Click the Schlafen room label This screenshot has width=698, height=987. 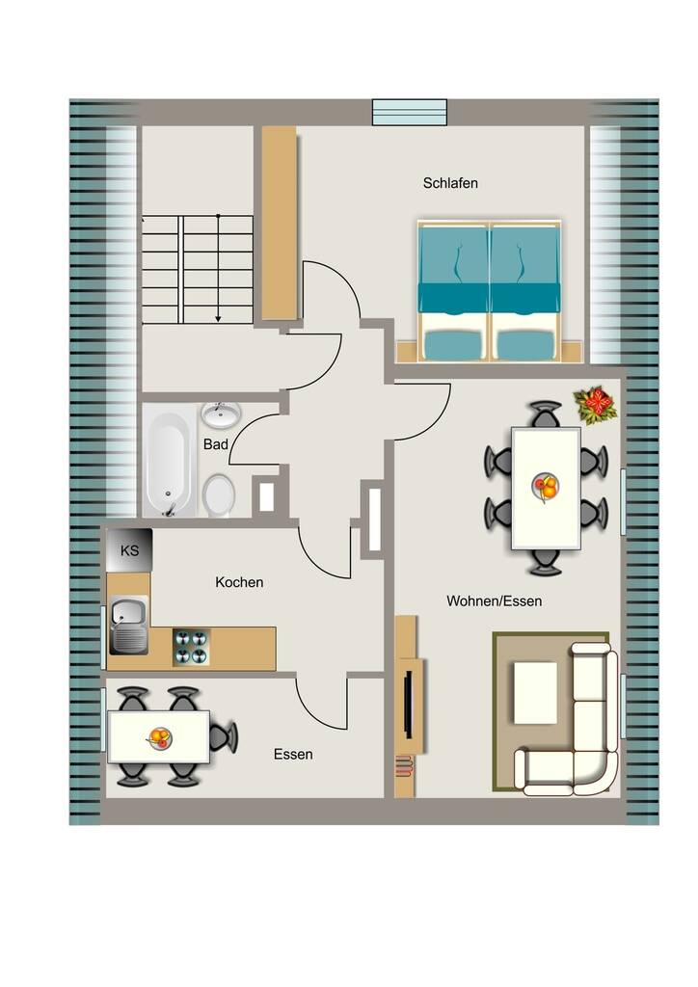coord(450,183)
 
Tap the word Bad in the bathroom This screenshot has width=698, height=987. coord(215,444)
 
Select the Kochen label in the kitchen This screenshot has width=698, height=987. coord(239,582)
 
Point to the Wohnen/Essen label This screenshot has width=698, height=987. coord(494,601)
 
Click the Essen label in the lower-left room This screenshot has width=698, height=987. coord(293,754)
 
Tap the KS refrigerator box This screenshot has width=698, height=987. coord(129,550)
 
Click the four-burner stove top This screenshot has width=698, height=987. coord(191,647)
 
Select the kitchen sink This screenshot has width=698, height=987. coord(129,625)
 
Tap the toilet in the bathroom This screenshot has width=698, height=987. coord(219,494)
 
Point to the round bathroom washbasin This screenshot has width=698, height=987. coord(220,414)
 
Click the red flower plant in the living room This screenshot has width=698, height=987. coord(595,405)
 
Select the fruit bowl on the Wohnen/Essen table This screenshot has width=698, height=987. coord(545,487)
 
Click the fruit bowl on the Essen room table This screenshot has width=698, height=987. coord(159,737)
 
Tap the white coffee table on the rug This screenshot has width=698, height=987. coord(535,693)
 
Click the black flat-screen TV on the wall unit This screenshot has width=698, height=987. coord(408,704)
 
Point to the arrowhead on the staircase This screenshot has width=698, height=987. coord(218,318)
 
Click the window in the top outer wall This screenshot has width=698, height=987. coord(409,112)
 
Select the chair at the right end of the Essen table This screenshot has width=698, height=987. coord(224,736)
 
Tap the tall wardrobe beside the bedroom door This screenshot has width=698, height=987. coord(279,223)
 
